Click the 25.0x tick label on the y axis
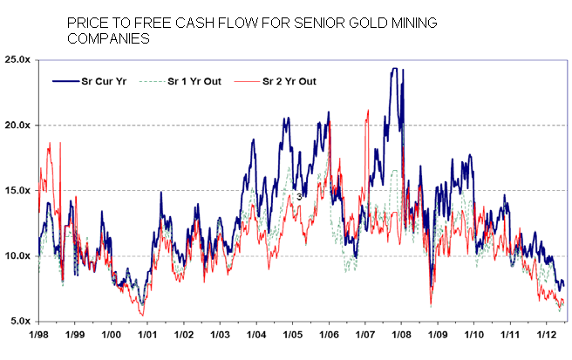[17, 59]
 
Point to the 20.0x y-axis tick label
[17, 125]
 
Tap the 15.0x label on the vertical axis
[17, 190]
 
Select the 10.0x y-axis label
[17, 255]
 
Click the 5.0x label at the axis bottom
[19, 321]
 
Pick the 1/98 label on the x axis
[38, 335]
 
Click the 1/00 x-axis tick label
[111, 335]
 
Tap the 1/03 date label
[220, 335]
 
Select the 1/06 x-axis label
[328, 335]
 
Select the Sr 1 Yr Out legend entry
[194, 81]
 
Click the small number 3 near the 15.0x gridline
[299, 197]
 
